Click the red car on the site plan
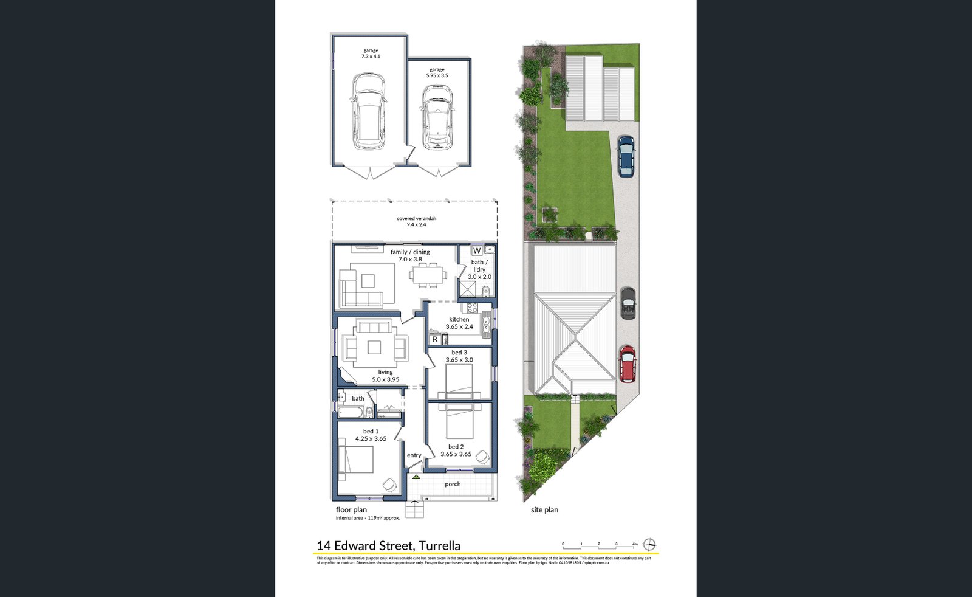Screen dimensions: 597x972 (x=628, y=364)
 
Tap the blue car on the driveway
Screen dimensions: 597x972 (x=626, y=156)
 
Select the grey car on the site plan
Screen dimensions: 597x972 (x=628, y=303)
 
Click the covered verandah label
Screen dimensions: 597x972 (x=416, y=221)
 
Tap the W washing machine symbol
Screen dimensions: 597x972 (x=477, y=250)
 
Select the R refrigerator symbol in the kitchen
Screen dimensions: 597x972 (x=435, y=339)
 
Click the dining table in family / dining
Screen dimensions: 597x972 (x=427, y=274)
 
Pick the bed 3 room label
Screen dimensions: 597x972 (x=459, y=353)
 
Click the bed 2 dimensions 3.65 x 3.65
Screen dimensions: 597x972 (x=456, y=454)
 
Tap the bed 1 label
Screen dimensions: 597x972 (x=371, y=432)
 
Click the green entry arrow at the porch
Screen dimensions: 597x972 (x=416, y=477)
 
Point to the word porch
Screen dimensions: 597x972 (x=453, y=485)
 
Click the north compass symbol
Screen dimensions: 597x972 (x=649, y=544)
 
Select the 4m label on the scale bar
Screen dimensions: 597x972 (x=634, y=544)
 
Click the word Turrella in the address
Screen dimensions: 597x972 (x=439, y=546)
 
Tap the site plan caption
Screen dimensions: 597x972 (x=544, y=510)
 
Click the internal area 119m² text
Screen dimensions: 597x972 (x=368, y=518)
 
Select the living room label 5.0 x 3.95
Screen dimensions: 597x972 (x=385, y=379)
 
